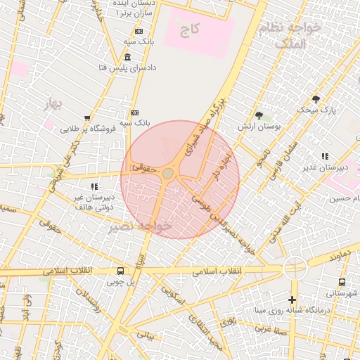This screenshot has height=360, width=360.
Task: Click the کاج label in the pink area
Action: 189,30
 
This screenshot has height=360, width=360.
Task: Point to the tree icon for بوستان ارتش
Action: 259,115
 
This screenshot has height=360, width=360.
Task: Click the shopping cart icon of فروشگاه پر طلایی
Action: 87,117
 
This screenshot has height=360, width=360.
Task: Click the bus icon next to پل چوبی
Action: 121,271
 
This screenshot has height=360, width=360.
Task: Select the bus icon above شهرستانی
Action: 342,282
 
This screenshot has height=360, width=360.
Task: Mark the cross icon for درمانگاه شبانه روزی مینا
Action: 292,300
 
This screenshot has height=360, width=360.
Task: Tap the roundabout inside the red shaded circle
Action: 168,173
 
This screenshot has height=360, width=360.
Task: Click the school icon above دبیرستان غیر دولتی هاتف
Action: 94,186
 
